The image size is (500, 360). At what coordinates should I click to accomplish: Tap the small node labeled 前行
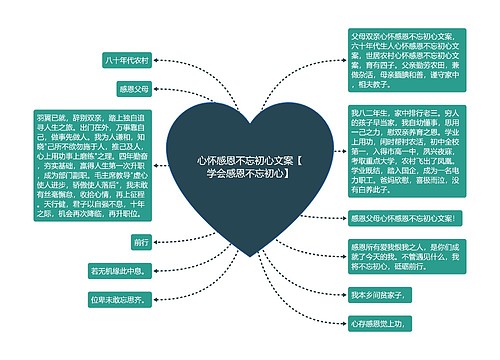point(141,242)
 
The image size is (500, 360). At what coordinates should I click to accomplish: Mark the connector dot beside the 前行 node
point(157,242)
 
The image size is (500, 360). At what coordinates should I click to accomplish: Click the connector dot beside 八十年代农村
point(157,59)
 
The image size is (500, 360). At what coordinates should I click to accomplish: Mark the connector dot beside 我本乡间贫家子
point(344,296)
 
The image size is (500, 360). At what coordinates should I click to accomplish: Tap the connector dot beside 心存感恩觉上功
point(344,324)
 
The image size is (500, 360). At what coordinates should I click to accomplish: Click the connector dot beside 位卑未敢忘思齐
point(157,298)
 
